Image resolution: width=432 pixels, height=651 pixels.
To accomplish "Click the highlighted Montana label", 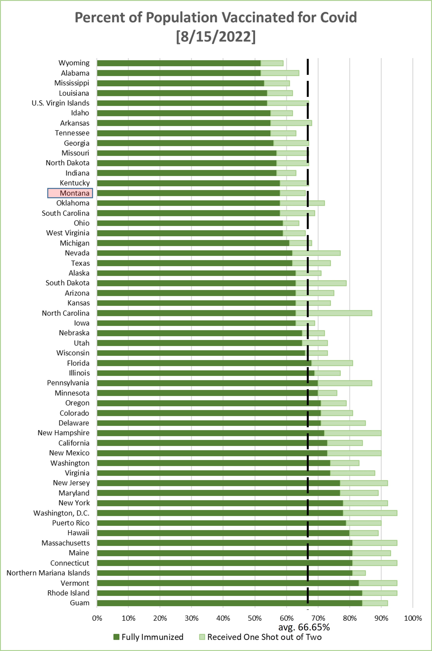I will (x=70, y=193).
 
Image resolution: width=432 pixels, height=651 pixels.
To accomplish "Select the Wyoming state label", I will (x=74, y=63).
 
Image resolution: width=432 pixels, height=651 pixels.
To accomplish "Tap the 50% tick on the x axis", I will (x=255, y=618).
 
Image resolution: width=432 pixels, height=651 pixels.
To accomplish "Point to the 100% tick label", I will (x=413, y=618).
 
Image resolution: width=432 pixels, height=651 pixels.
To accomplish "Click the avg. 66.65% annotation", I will (x=304, y=627).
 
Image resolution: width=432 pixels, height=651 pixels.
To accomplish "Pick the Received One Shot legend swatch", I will (x=202, y=637).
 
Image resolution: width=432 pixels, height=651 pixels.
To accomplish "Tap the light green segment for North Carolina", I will (x=334, y=313).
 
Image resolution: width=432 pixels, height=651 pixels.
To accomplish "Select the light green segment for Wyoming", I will (x=272, y=63).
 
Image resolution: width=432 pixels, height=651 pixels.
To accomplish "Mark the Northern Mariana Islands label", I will (x=48, y=573).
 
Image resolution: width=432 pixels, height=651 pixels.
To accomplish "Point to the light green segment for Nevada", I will (x=316, y=253).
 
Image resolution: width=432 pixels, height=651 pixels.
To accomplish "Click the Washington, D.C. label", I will (x=61, y=513).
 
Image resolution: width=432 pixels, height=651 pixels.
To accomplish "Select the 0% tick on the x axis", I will (x=97, y=618).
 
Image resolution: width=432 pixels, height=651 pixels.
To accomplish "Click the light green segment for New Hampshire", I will (x=353, y=433).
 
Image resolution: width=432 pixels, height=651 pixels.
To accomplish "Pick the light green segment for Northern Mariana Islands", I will (x=359, y=573).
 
